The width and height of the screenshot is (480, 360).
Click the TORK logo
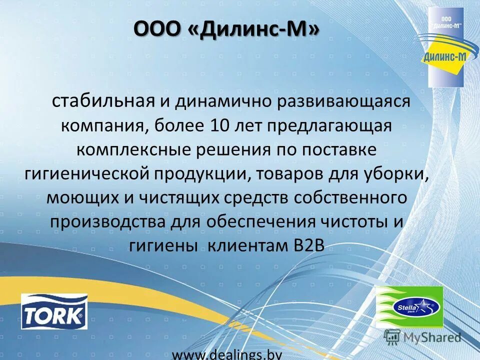[54, 311]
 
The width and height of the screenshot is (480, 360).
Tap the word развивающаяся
[342, 101]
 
